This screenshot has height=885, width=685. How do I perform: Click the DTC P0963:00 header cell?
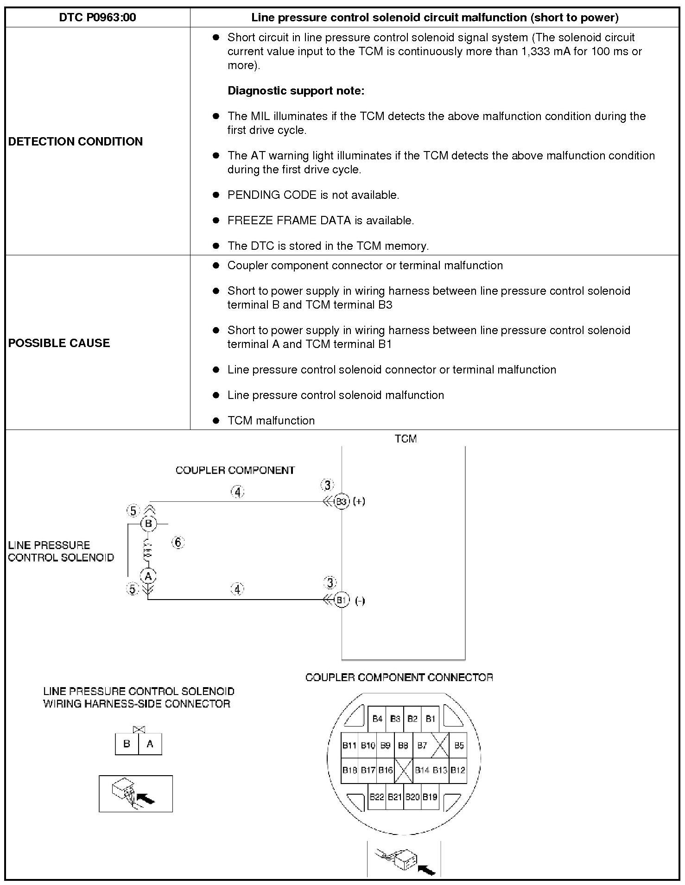tap(97, 18)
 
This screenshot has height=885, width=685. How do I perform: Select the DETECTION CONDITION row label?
tap(76, 141)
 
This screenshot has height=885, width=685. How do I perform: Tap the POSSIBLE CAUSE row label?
tap(59, 343)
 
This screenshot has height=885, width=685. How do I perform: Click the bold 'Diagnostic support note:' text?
tap(296, 91)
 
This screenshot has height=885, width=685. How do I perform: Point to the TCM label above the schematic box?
tap(406, 439)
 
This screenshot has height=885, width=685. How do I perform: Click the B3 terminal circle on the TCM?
tap(342, 501)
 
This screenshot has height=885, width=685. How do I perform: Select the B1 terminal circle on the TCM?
tap(342, 600)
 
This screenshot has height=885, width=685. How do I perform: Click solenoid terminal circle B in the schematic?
tap(149, 524)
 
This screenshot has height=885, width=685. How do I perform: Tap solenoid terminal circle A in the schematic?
tap(148, 576)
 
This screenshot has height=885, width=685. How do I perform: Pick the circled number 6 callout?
tap(178, 542)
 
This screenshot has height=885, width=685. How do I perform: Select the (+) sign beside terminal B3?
tap(359, 501)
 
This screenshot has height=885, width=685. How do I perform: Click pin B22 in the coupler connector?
tap(376, 797)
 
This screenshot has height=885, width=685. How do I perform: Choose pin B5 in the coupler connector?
tap(459, 745)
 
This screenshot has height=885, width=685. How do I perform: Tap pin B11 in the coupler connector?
tap(349, 745)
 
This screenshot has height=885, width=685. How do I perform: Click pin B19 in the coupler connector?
tap(430, 797)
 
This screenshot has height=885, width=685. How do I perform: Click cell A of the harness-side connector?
tap(150, 744)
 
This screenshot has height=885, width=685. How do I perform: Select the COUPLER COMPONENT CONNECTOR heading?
tap(399, 677)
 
